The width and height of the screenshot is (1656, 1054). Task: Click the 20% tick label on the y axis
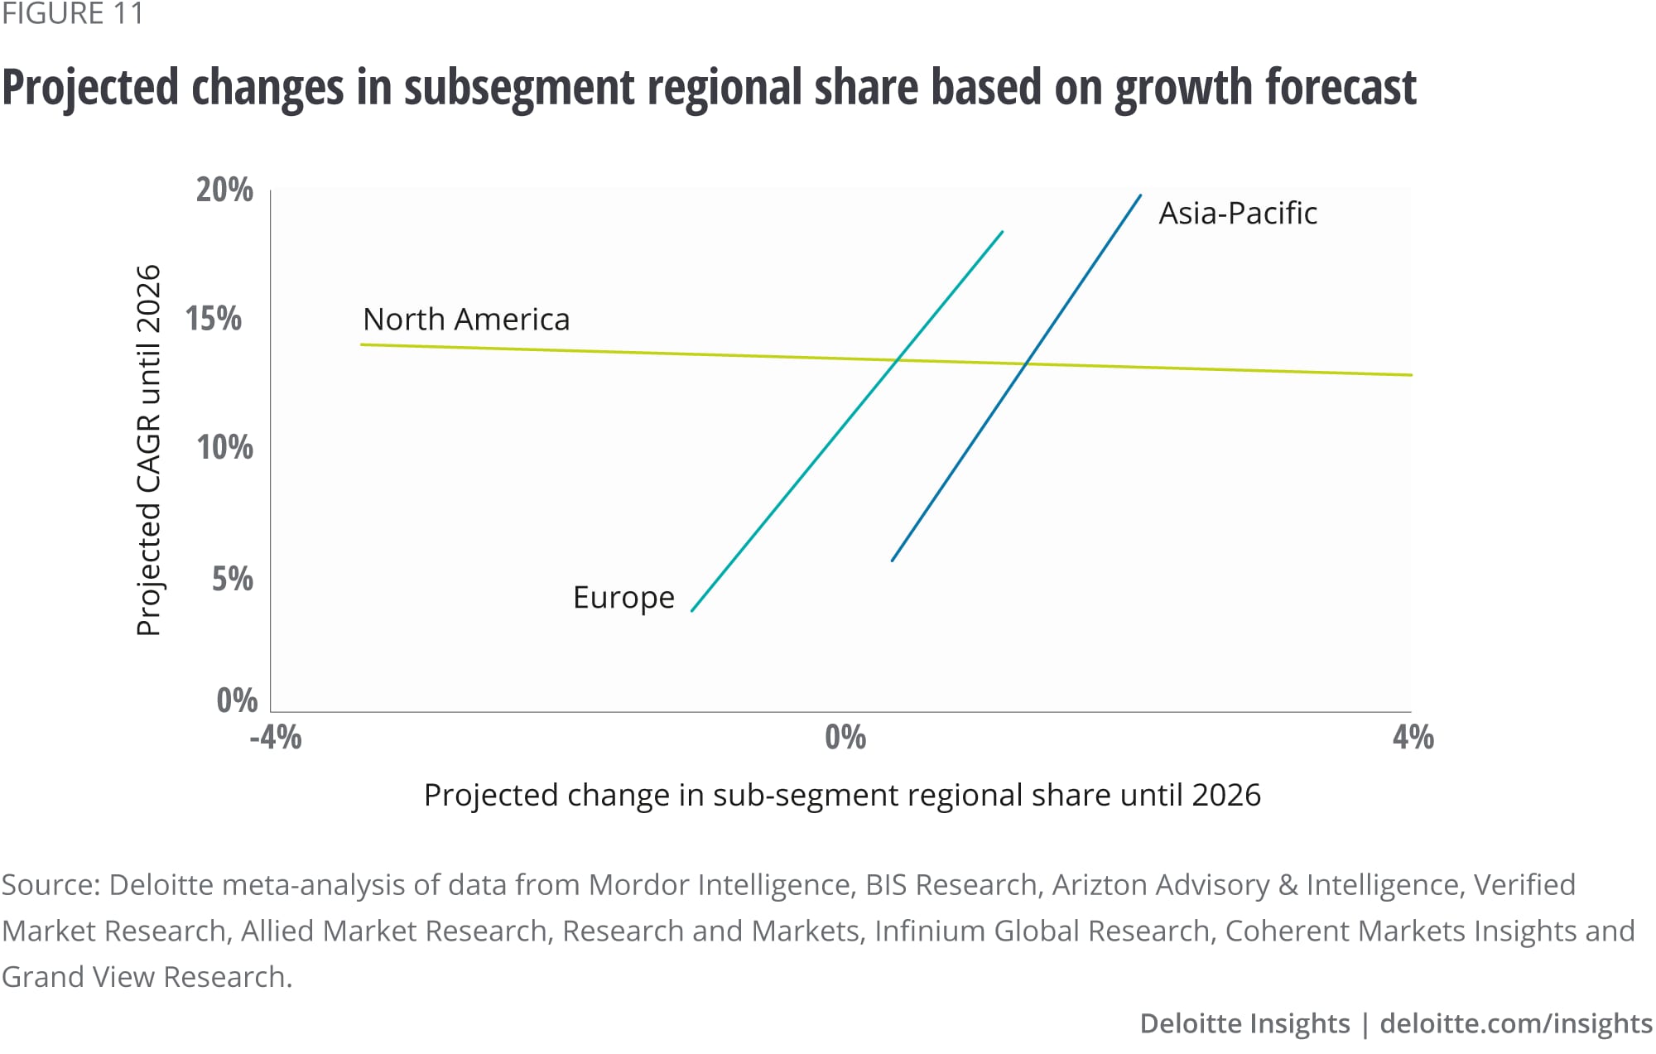click(224, 190)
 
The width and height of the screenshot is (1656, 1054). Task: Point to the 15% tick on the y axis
click(214, 319)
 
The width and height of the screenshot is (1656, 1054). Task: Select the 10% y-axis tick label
click(224, 448)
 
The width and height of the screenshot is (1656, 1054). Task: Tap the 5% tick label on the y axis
click(232, 579)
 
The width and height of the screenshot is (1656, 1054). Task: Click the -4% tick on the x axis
click(276, 737)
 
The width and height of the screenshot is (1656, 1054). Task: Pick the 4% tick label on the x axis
click(1413, 737)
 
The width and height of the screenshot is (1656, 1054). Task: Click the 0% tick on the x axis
click(845, 737)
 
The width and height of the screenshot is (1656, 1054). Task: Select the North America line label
click(466, 320)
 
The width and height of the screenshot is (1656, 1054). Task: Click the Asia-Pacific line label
click(1237, 214)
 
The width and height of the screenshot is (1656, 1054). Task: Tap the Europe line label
click(623, 598)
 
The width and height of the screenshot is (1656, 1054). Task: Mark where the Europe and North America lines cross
click(898, 360)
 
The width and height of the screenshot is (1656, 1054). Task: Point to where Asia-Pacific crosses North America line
click(1027, 364)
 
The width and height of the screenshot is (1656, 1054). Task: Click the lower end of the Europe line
click(692, 610)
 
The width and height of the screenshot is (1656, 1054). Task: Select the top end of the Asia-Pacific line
click(1140, 195)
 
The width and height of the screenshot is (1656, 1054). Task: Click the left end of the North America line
click(362, 344)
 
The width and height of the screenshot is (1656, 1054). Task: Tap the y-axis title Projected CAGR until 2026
click(147, 450)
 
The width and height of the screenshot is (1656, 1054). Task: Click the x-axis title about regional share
click(842, 795)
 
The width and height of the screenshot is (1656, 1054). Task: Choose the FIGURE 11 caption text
click(73, 14)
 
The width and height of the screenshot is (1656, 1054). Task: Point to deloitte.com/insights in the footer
click(1516, 1023)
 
